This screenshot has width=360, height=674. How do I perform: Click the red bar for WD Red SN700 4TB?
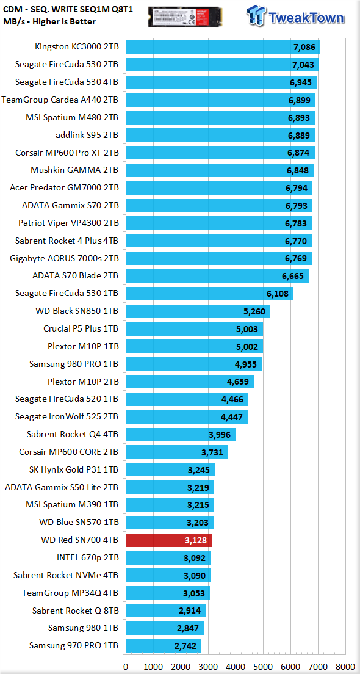(168, 540)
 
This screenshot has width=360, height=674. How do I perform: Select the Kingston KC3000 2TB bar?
(223, 47)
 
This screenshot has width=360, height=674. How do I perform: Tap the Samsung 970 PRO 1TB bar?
(164, 646)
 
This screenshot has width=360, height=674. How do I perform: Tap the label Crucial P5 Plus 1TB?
(81, 329)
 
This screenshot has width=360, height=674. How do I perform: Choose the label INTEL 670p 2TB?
(88, 558)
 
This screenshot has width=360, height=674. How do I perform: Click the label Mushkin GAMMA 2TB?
(75, 170)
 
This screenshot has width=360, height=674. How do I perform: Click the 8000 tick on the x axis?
(346, 667)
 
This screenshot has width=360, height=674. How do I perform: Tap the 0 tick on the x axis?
(126, 667)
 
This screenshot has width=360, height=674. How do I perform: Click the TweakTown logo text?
(306, 18)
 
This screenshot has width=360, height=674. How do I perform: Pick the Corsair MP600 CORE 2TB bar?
(176, 452)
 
